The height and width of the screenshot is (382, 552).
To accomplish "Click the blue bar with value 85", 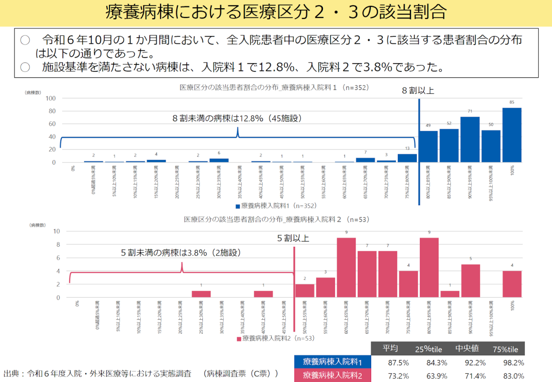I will [512, 135].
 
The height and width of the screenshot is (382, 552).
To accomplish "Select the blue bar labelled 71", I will [470, 139].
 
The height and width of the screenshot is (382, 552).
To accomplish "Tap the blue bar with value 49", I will [428, 146].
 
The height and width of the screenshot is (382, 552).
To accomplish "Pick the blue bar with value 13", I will [407, 158].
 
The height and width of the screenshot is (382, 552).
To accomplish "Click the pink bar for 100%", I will [512, 284].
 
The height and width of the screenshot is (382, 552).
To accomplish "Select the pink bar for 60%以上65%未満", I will [346, 267].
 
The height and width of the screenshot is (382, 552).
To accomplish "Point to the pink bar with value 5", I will [470, 281].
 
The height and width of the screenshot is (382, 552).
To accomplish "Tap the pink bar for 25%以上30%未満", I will [201, 294].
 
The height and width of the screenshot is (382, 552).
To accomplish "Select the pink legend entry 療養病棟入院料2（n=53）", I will [275, 338].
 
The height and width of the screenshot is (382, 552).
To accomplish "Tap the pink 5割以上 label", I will [293, 238].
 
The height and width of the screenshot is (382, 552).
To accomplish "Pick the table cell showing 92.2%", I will [467, 362].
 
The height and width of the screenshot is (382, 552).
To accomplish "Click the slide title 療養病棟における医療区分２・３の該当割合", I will [276, 12].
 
